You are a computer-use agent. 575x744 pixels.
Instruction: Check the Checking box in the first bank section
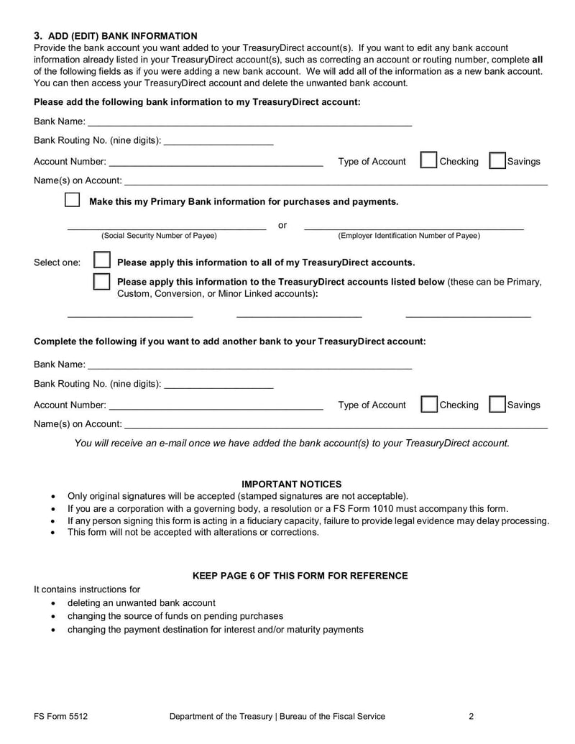click(x=428, y=160)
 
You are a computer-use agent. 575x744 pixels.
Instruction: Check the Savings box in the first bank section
click(x=497, y=160)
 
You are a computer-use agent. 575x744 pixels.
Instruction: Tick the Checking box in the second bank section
click(x=428, y=404)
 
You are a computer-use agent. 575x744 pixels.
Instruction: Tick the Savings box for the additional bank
click(x=497, y=404)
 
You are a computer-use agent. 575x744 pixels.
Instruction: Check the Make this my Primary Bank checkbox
click(x=73, y=201)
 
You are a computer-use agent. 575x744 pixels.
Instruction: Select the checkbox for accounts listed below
click(x=102, y=282)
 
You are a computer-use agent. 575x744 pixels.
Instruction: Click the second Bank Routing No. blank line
click(x=218, y=385)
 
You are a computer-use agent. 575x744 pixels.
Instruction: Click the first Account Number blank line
click(x=216, y=162)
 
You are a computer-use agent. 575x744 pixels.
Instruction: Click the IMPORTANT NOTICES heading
click(x=291, y=484)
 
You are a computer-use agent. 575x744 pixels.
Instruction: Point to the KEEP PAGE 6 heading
click(x=300, y=576)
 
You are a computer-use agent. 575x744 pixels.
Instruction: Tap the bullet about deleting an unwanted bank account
click(x=141, y=603)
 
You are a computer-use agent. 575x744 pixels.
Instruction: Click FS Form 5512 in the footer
click(x=61, y=716)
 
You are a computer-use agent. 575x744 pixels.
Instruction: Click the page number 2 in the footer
click(x=471, y=716)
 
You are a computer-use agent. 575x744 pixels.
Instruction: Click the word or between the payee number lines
click(x=282, y=226)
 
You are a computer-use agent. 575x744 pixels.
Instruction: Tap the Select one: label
click(x=57, y=262)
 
